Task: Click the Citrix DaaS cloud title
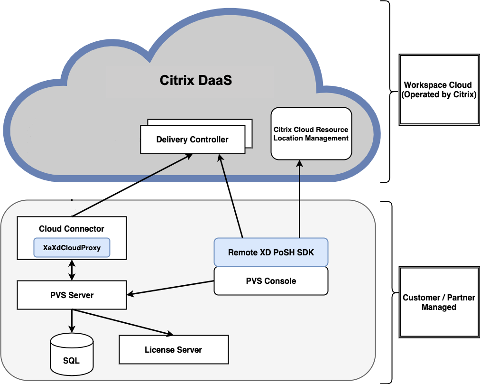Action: click(x=195, y=80)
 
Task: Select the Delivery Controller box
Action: click(x=192, y=140)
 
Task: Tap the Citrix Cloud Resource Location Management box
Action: click(x=311, y=133)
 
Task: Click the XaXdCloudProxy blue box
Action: click(x=72, y=247)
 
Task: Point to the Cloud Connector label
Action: click(x=72, y=228)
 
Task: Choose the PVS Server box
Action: click(x=72, y=295)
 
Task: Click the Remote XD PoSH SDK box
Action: click(x=271, y=252)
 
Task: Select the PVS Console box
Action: click(x=271, y=281)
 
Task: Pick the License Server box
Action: click(x=173, y=350)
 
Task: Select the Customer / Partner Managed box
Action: click(x=439, y=302)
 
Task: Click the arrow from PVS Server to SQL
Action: click(x=72, y=320)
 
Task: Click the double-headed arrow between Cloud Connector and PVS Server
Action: click(x=72, y=270)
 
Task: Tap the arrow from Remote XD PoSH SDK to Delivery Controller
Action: click(x=231, y=197)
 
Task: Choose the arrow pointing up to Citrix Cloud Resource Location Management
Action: click(x=299, y=199)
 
